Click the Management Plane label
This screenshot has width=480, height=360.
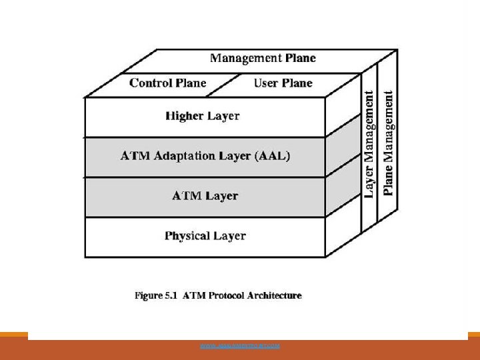pos(263,58)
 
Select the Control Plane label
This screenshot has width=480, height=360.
pos(168,83)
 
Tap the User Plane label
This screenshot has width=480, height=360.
pos(283,83)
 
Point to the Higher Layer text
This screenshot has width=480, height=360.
pos(203,116)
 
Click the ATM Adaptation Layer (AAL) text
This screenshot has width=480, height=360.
pos(205,156)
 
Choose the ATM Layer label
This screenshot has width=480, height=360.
pos(205,196)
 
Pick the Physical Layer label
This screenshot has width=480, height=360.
pos(205,236)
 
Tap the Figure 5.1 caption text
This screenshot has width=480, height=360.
pos(218,295)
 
